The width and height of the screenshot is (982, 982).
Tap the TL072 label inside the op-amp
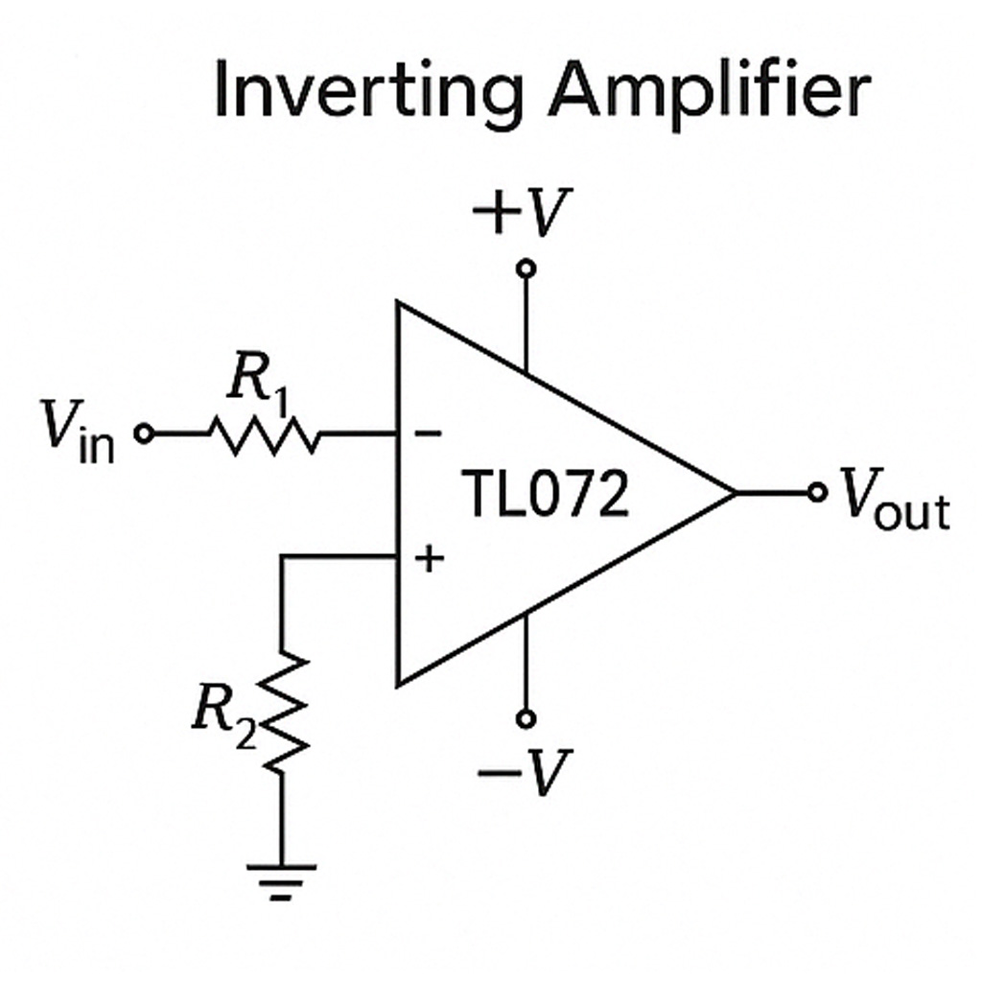pyautogui.click(x=546, y=495)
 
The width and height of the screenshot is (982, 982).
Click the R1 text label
pyautogui.click(x=258, y=386)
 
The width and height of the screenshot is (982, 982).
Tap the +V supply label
pyautogui.click(x=522, y=213)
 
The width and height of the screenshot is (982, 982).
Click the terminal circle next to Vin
pyautogui.click(x=144, y=434)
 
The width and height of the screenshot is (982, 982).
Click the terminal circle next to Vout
pyautogui.click(x=817, y=493)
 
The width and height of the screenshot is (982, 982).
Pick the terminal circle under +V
pyautogui.click(x=525, y=269)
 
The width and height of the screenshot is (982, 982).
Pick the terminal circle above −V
pyautogui.click(x=525, y=718)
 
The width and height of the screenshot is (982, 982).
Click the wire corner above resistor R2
pyautogui.click(x=282, y=557)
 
